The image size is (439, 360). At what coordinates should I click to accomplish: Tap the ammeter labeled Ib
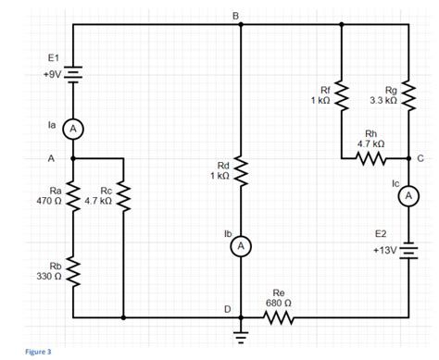pos(240,246)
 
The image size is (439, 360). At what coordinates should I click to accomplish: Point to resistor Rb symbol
pos(73,273)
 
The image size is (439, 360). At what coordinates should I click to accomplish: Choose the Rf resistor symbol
pos(342,94)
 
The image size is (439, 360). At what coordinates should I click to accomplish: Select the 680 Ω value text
pos(278,302)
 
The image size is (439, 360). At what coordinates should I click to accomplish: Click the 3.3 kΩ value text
pos(383,99)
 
